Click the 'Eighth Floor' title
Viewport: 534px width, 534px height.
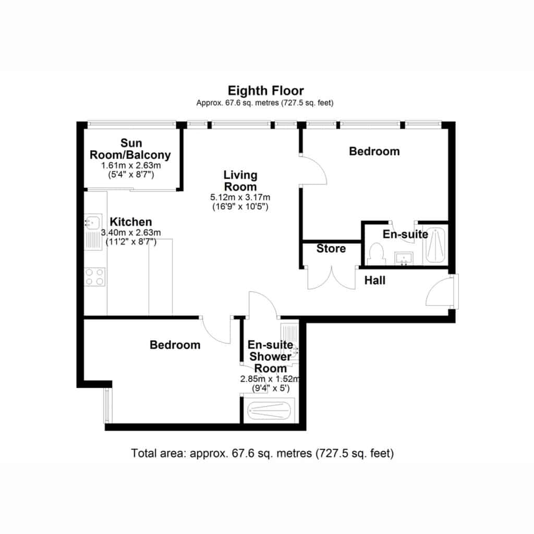(x=265, y=91)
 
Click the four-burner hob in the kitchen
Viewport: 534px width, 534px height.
(x=95, y=276)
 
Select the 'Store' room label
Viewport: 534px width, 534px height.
(x=331, y=249)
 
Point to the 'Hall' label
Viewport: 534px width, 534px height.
(x=375, y=280)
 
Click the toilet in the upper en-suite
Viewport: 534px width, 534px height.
(x=377, y=253)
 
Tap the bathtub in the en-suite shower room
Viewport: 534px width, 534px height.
(x=270, y=411)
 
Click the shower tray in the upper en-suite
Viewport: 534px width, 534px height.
(x=435, y=244)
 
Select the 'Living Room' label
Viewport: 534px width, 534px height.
(x=240, y=181)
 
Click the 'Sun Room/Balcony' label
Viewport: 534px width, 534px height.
(x=130, y=149)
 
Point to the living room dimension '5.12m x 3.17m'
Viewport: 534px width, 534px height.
(x=240, y=197)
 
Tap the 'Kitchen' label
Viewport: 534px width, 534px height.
(x=131, y=222)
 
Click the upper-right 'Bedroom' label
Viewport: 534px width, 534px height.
(x=374, y=151)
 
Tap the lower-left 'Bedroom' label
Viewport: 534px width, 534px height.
(x=175, y=345)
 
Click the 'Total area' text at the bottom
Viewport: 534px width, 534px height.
(x=262, y=453)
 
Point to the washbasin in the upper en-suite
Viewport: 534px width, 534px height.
(x=404, y=258)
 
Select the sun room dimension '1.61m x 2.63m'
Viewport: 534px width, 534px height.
(x=131, y=165)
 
